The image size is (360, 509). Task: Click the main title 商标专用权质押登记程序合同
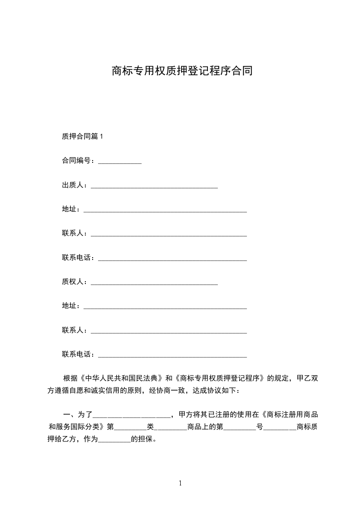pos(182,71)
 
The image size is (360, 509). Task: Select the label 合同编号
pos(77,161)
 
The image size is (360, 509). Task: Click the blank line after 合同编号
pos(120,162)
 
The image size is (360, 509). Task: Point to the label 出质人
pos(74,185)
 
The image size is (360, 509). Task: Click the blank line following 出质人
pos(154,186)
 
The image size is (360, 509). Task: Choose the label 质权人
pos(74,282)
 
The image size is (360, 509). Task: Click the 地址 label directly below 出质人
pos(69,209)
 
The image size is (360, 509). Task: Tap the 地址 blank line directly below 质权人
pos(165,308)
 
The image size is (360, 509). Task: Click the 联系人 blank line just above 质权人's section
pos(169,235)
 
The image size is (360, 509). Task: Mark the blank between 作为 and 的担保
pos(114,440)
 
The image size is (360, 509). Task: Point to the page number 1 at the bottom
pos(180,483)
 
